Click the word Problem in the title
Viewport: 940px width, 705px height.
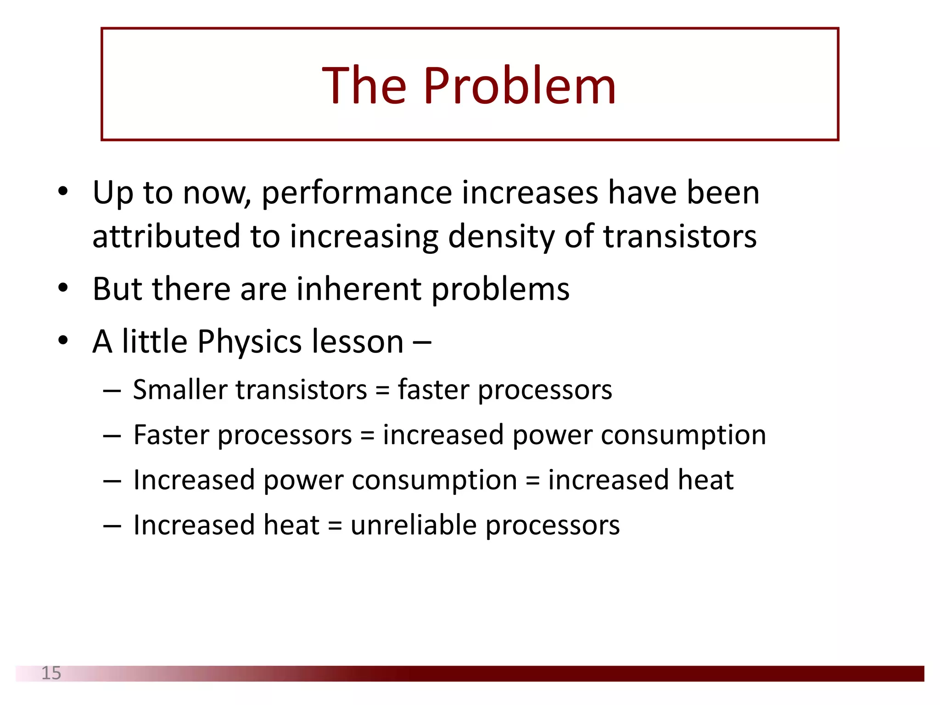pos(520,86)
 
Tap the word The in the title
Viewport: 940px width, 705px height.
pos(364,86)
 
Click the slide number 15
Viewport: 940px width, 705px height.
pos(51,673)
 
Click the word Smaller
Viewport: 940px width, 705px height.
pos(179,390)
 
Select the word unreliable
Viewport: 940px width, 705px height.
pos(414,525)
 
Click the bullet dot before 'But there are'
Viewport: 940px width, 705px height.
pos(63,288)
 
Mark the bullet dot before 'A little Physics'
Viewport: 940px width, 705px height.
pos(63,341)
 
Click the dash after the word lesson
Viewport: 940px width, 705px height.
pos(422,342)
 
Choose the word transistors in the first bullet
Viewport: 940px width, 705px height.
pos(680,237)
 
